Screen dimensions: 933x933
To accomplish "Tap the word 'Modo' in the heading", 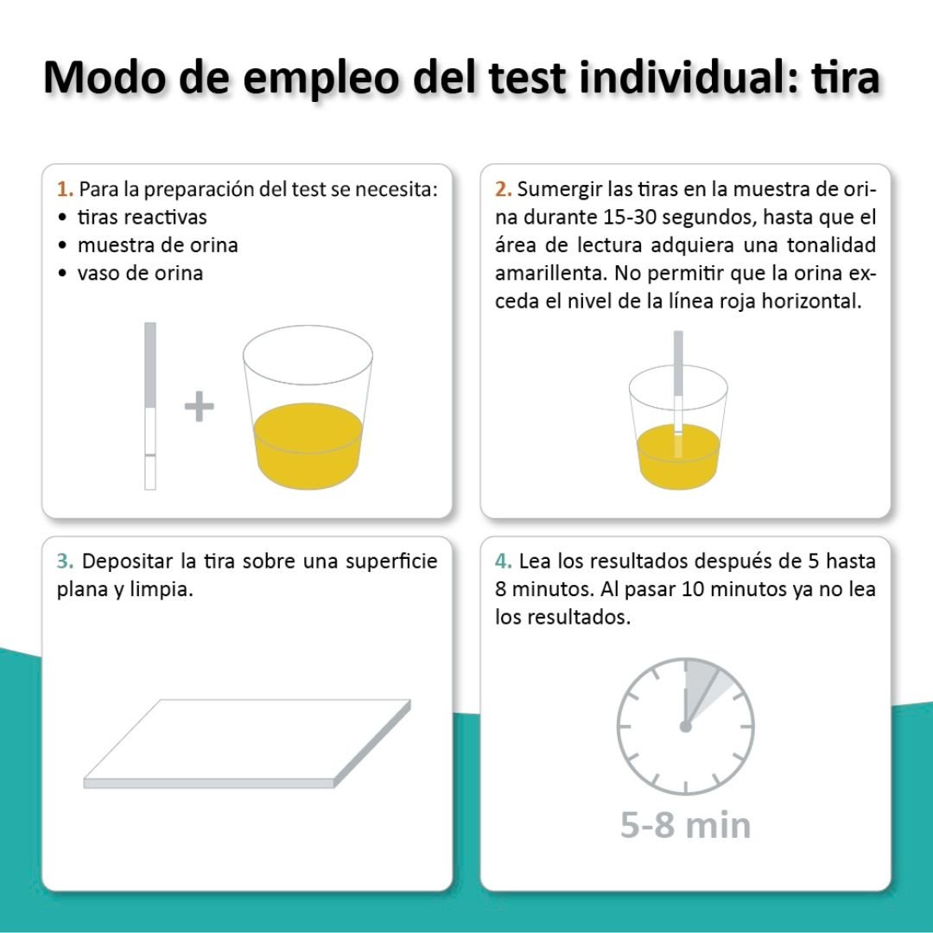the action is pyautogui.click(x=105, y=77).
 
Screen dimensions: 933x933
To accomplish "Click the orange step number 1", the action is pyautogui.click(x=65, y=189).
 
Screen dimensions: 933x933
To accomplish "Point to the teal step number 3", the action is pyautogui.click(x=65, y=562).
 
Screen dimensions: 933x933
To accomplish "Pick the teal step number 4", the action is pyautogui.click(x=504, y=562).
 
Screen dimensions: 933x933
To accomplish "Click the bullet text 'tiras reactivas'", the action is pyautogui.click(x=143, y=217).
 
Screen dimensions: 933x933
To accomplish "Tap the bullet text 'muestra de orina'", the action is pyautogui.click(x=158, y=245).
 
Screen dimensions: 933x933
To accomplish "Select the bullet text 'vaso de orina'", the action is pyautogui.click(x=141, y=273).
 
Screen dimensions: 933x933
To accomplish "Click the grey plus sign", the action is pyautogui.click(x=200, y=406).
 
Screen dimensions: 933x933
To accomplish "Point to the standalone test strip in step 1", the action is pyautogui.click(x=150, y=406).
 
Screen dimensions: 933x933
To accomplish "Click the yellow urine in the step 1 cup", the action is pyautogui.click(x=308, y=445).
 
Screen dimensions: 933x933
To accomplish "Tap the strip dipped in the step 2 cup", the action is pyautogui.click(x=678, y=395).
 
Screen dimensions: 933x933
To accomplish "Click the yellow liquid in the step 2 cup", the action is pyautogui.click(x=678, y=457).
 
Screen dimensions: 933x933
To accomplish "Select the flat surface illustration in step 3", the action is pyautogui.click(x=247, y=744).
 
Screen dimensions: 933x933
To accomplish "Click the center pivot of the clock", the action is pyautogui.click(x=685, y=727).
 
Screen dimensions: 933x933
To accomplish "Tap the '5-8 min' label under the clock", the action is pyautogui.click(x=685, y=825).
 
